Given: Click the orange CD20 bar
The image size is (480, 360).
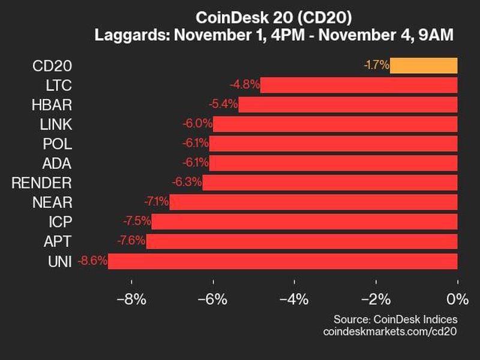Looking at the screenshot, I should click(424, 65).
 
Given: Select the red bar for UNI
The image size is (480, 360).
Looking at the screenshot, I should click(283, 261).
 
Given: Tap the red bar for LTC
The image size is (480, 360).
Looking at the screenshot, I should click(359, 85).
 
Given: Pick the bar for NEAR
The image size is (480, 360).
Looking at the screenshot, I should click(313, 202).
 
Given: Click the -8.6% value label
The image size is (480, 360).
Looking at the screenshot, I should click(92, 261).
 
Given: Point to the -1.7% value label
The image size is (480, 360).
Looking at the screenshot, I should click(376, 65).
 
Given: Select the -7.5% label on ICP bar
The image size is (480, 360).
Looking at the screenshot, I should click(136, 221).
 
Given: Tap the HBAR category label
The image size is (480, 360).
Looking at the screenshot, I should click(53, 104).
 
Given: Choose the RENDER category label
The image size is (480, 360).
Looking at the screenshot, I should click(41, 182).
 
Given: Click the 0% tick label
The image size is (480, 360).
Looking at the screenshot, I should click(457, 298).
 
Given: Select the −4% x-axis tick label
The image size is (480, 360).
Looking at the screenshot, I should click(294, 298).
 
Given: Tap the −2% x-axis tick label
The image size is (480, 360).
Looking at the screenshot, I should click(376, 298).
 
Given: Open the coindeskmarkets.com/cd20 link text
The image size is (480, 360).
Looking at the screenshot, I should click(390, 331).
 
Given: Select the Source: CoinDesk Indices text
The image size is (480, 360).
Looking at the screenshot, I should click(396, 319).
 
